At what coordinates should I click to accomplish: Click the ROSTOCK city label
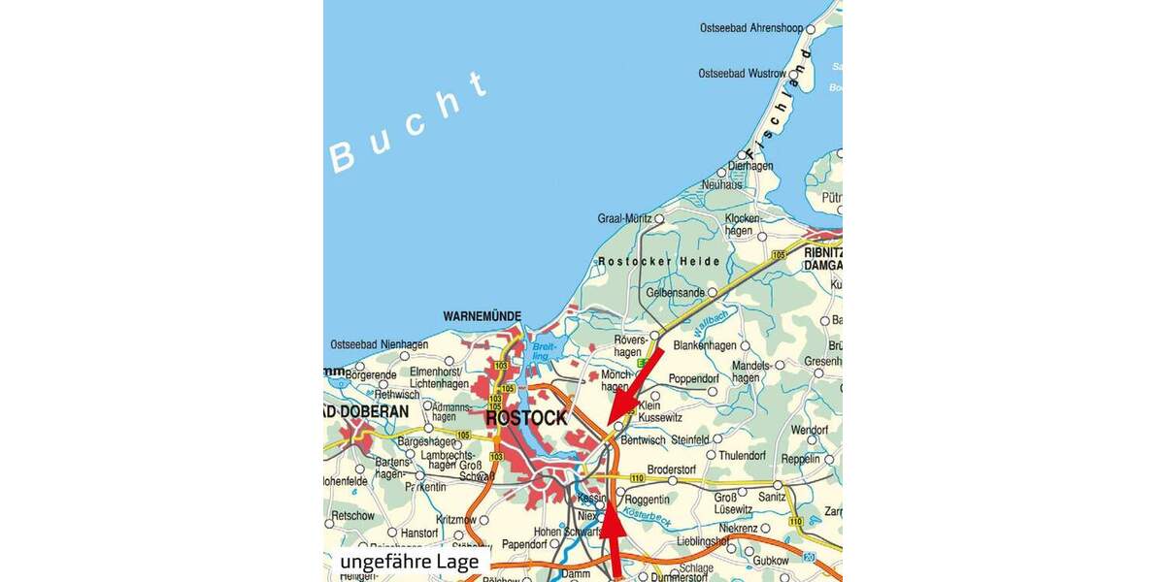click(525, 418)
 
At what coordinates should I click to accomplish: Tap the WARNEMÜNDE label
click(483, 316)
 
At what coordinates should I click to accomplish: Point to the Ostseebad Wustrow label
click(743, 74)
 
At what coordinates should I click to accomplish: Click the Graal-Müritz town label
click(625, 219)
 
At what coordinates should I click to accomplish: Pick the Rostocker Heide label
click(659, 261)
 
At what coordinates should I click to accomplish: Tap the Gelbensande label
click(676, 292)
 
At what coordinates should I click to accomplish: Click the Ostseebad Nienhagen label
click(379, 344)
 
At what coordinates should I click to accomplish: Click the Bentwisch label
click(642, 440)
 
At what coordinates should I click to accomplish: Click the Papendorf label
click(525, 544)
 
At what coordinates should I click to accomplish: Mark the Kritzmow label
click(457, 520)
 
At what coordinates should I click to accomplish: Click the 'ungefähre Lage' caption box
click(409, 563)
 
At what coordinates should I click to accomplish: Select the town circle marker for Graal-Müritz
click(659, 219)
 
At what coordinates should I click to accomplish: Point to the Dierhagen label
click(750, 166)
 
